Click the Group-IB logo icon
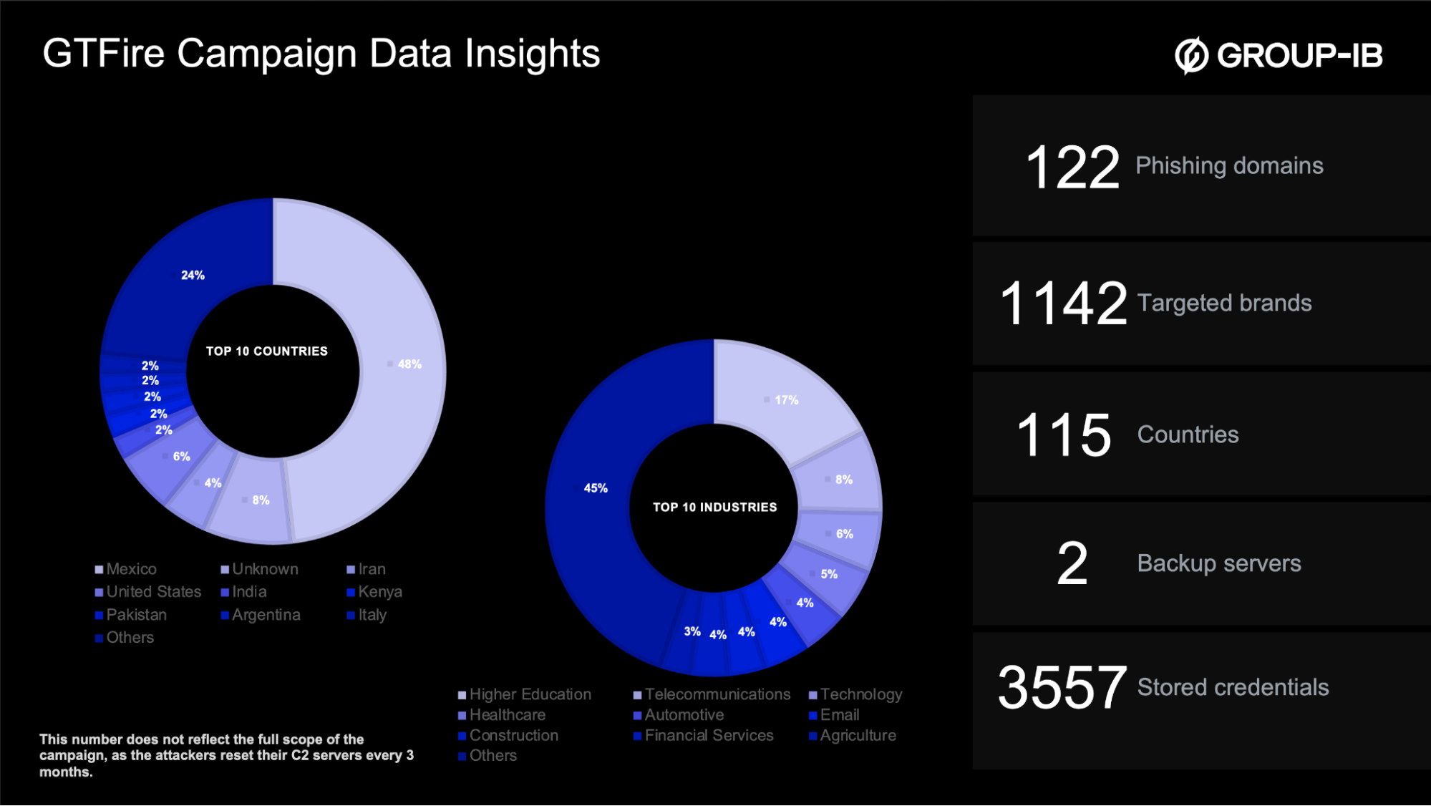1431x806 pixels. [x=1191, y=55]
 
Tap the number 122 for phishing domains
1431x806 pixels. [x=1072, y=167]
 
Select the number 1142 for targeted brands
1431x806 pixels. [x=1063, y=304]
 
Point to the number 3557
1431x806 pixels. [x=1062, y=688]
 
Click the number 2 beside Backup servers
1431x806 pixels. [x=1072, y=564]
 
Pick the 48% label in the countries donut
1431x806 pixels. [x=409, y=364]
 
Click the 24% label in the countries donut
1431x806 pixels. [x=193, y=276]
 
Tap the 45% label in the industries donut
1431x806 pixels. [x=596, y=488]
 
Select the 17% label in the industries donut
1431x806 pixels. [x=786, y=400]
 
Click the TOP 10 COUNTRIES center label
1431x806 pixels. [x=267, y=351]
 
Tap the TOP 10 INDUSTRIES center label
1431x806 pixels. [x=714, y=508]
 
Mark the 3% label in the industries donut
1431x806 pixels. [x=692, y=631]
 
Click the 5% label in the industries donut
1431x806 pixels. [x=829, y=574]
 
